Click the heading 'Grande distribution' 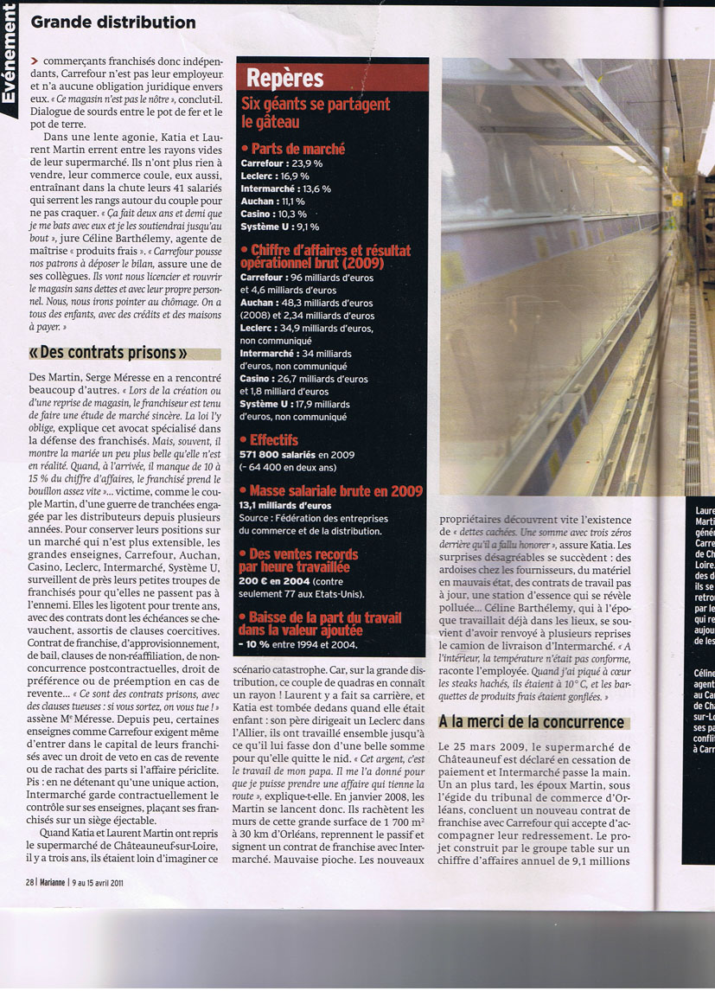(x=112, y=22)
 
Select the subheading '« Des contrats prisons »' (x=109, y=353)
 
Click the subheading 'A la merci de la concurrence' (x=531, y=721)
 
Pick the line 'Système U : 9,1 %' (x=279, y=227)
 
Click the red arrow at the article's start (x=34, y=61)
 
